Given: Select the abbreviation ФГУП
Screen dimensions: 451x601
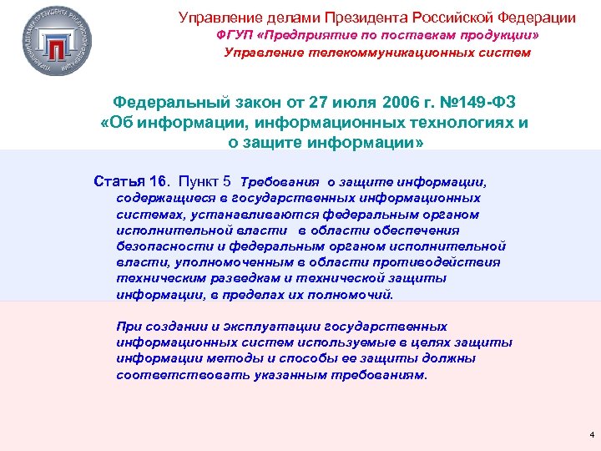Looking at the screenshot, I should pos(235,37).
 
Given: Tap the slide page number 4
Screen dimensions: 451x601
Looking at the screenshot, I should pos(591,435).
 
